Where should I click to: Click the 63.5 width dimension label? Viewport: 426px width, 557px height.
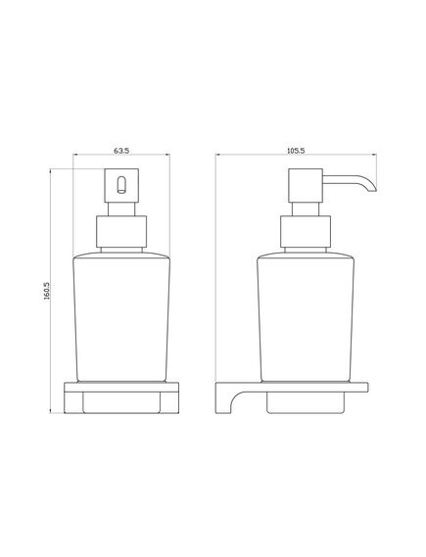tap(121, 150)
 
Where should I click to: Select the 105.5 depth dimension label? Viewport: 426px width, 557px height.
tap(293, 150)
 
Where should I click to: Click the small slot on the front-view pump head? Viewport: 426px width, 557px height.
tap(121, 184)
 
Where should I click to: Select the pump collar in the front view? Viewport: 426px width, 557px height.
tap(121, 232)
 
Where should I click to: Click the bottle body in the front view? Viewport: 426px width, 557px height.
tap(121, 313)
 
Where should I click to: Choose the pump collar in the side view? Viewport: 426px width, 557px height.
tap(300, 232)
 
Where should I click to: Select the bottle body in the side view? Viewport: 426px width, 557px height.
tap(300, 313)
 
